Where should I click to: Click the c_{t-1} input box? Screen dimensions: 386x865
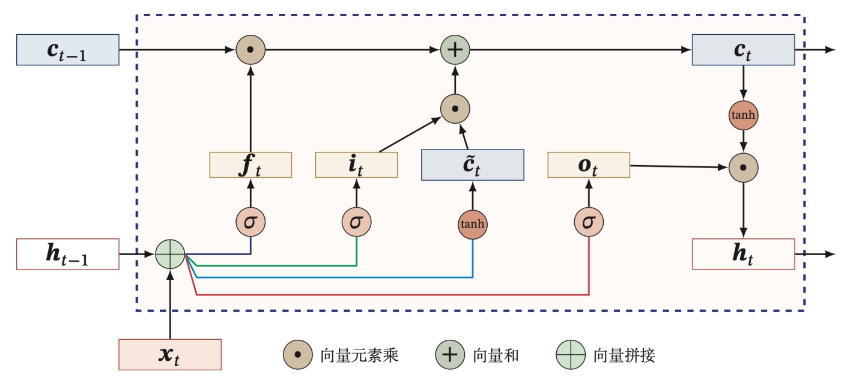tap(68, 49)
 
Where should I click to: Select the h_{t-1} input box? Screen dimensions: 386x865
tap(68, 255)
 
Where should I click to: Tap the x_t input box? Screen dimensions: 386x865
tap(170, 354)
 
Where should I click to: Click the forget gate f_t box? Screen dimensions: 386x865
tap(250, 164)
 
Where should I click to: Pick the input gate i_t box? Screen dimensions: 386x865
tap(357, 164)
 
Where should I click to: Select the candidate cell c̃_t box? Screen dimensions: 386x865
tap(473, 164)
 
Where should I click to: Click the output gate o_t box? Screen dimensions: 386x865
tap(589, 164)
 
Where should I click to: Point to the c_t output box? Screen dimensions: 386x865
tap(744, 49)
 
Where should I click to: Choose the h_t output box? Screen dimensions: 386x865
tap(744, 255)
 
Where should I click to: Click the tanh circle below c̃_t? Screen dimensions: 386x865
tap(473, 224)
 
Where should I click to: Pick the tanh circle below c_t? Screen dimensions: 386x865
tap(744, 116)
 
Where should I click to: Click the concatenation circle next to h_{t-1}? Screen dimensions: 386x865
tap(170, 255)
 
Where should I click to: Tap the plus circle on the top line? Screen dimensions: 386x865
tap(455, 50)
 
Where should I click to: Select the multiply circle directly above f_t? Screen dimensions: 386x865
tap(250, 50)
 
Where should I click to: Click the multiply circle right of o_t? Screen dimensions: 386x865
tap(744, 168)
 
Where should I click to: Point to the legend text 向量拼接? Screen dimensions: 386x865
tap(624, 355)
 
